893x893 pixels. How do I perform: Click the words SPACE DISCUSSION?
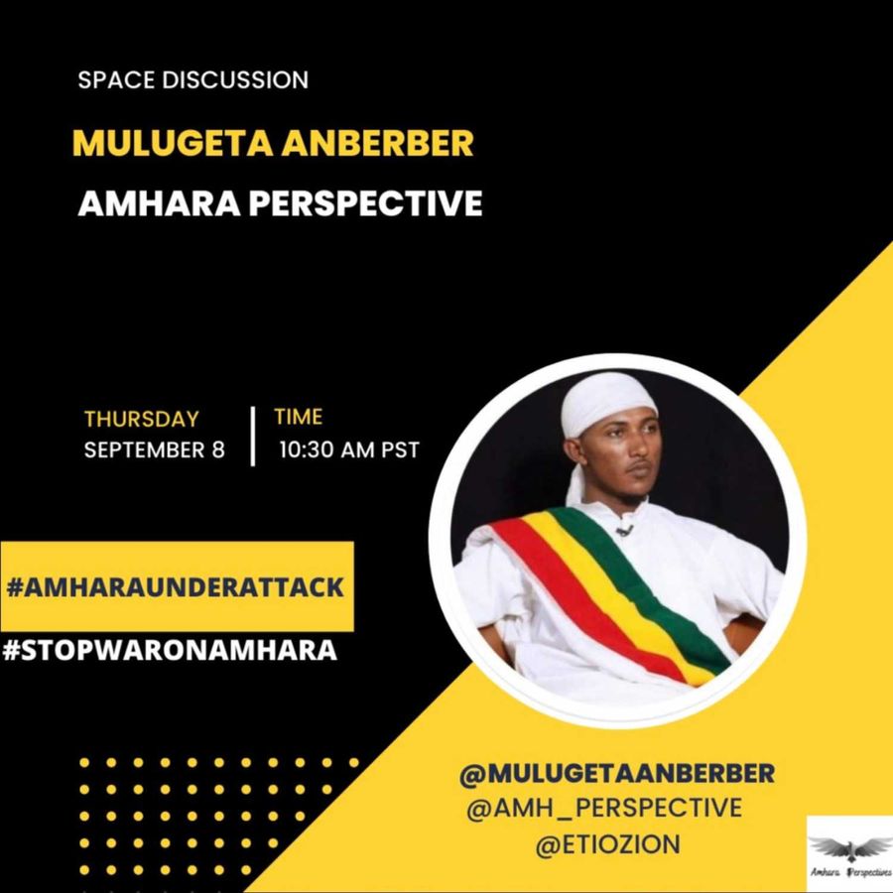click(193, 79)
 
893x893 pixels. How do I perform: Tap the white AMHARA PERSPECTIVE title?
click(280, 203)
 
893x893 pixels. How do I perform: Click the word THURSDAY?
click(142, 419)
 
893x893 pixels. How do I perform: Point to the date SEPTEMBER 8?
click(155, 449)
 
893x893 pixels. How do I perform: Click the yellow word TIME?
click(298, 417)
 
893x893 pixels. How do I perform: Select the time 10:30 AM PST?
click(349, 449)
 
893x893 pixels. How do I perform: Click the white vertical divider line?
click(253, 437)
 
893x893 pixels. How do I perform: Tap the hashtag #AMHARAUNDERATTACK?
click(176, 587)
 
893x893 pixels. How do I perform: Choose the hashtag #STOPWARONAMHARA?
click(170, 650)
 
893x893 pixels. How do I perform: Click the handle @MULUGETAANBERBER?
click(617, 773)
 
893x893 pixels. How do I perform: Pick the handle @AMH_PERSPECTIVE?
click(603, 808)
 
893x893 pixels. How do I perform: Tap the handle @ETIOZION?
click(607, 844)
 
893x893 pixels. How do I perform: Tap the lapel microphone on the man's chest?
click(625, 531)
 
